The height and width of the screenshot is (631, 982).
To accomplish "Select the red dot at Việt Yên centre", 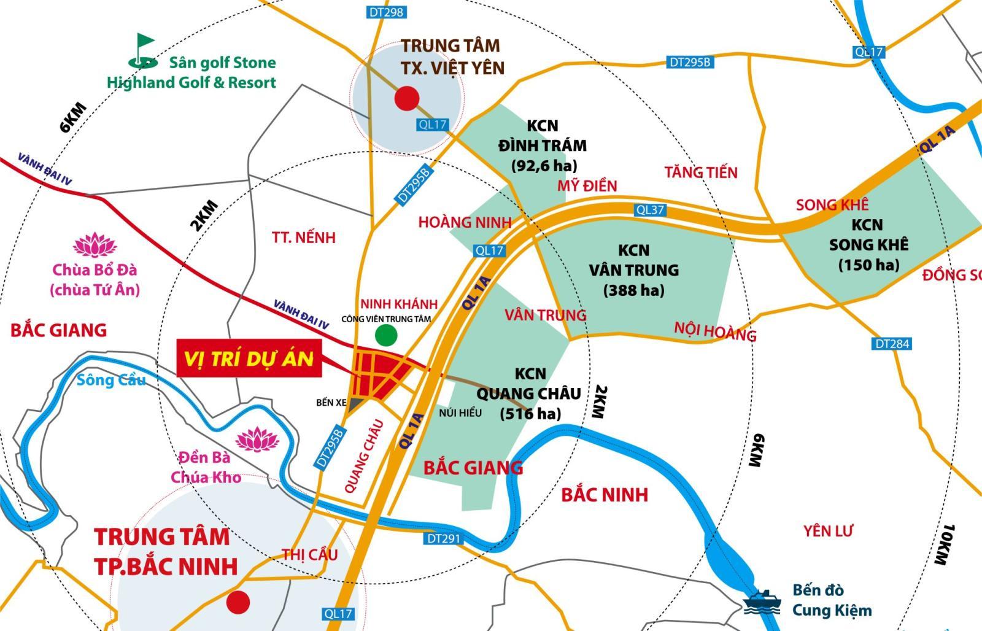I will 406,98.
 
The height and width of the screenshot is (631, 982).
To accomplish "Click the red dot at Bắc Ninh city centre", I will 238,603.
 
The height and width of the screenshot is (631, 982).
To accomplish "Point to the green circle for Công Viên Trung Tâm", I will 386,335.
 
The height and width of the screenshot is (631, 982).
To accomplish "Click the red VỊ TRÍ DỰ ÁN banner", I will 249,357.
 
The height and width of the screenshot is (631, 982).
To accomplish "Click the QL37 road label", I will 650,210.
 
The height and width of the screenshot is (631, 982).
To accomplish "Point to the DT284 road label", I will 892,344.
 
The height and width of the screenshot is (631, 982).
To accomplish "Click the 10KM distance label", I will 946,544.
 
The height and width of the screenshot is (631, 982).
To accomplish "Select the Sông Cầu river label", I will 111,380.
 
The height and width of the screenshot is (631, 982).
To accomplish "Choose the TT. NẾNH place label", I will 304,238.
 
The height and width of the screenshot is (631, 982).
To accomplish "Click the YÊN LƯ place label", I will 829,530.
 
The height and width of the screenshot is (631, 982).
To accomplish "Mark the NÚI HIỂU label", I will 460,412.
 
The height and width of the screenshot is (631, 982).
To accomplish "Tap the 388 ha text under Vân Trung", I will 633,290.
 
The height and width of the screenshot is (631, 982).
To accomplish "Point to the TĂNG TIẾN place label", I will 701,172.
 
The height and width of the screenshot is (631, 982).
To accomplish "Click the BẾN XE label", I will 331,403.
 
